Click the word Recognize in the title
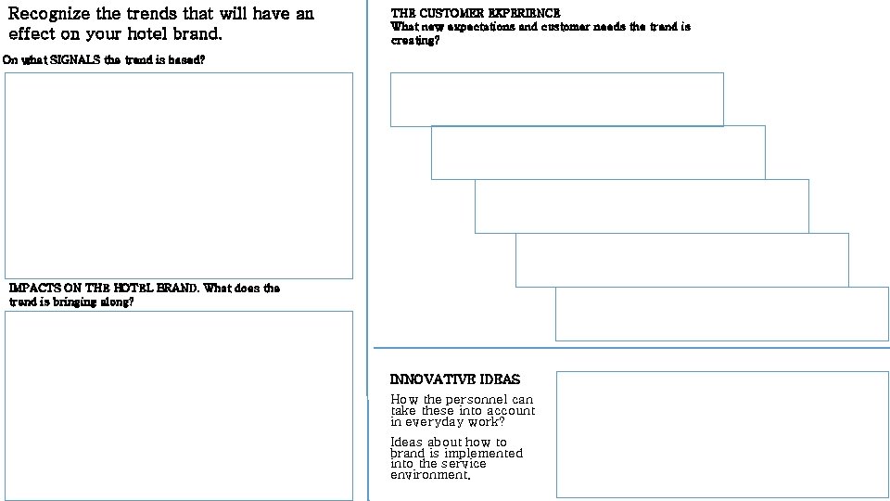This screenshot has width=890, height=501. pos(49,15)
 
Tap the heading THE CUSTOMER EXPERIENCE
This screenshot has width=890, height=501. pos(476,13)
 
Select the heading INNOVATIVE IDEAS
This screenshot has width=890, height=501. pos(455,379)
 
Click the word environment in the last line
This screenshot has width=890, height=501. pos(429,475)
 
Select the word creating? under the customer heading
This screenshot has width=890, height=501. pos(415,40)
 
